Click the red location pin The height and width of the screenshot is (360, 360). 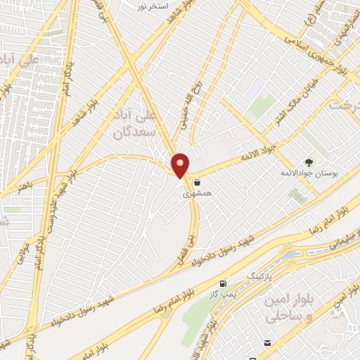pos(181,165)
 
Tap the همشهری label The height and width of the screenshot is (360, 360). pos(198,192)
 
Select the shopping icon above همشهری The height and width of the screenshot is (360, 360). pos(198,182)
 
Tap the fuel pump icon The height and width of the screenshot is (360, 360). pos(224,283)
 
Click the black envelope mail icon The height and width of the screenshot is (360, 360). pos(267,343)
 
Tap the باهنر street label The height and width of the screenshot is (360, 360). pos(26,186)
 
